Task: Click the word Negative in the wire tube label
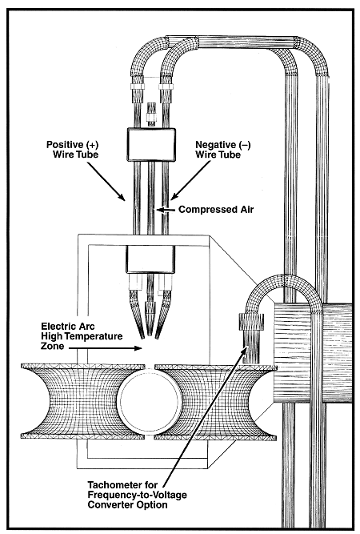tap(214, 144)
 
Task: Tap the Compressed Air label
tap(216, 209)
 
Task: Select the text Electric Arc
tap(68, 327)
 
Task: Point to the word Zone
tap(53, 346)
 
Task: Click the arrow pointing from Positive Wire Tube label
tap(106, 181)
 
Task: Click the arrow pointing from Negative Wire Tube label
tap(190, 180)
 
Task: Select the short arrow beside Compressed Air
tap(166, 210)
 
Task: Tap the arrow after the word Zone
tap(105, 348)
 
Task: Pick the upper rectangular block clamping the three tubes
tap(151, 144)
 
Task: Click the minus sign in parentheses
tap(246, 145)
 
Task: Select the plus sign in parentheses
tap(91, 145)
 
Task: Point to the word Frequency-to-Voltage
tap(137, 494)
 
